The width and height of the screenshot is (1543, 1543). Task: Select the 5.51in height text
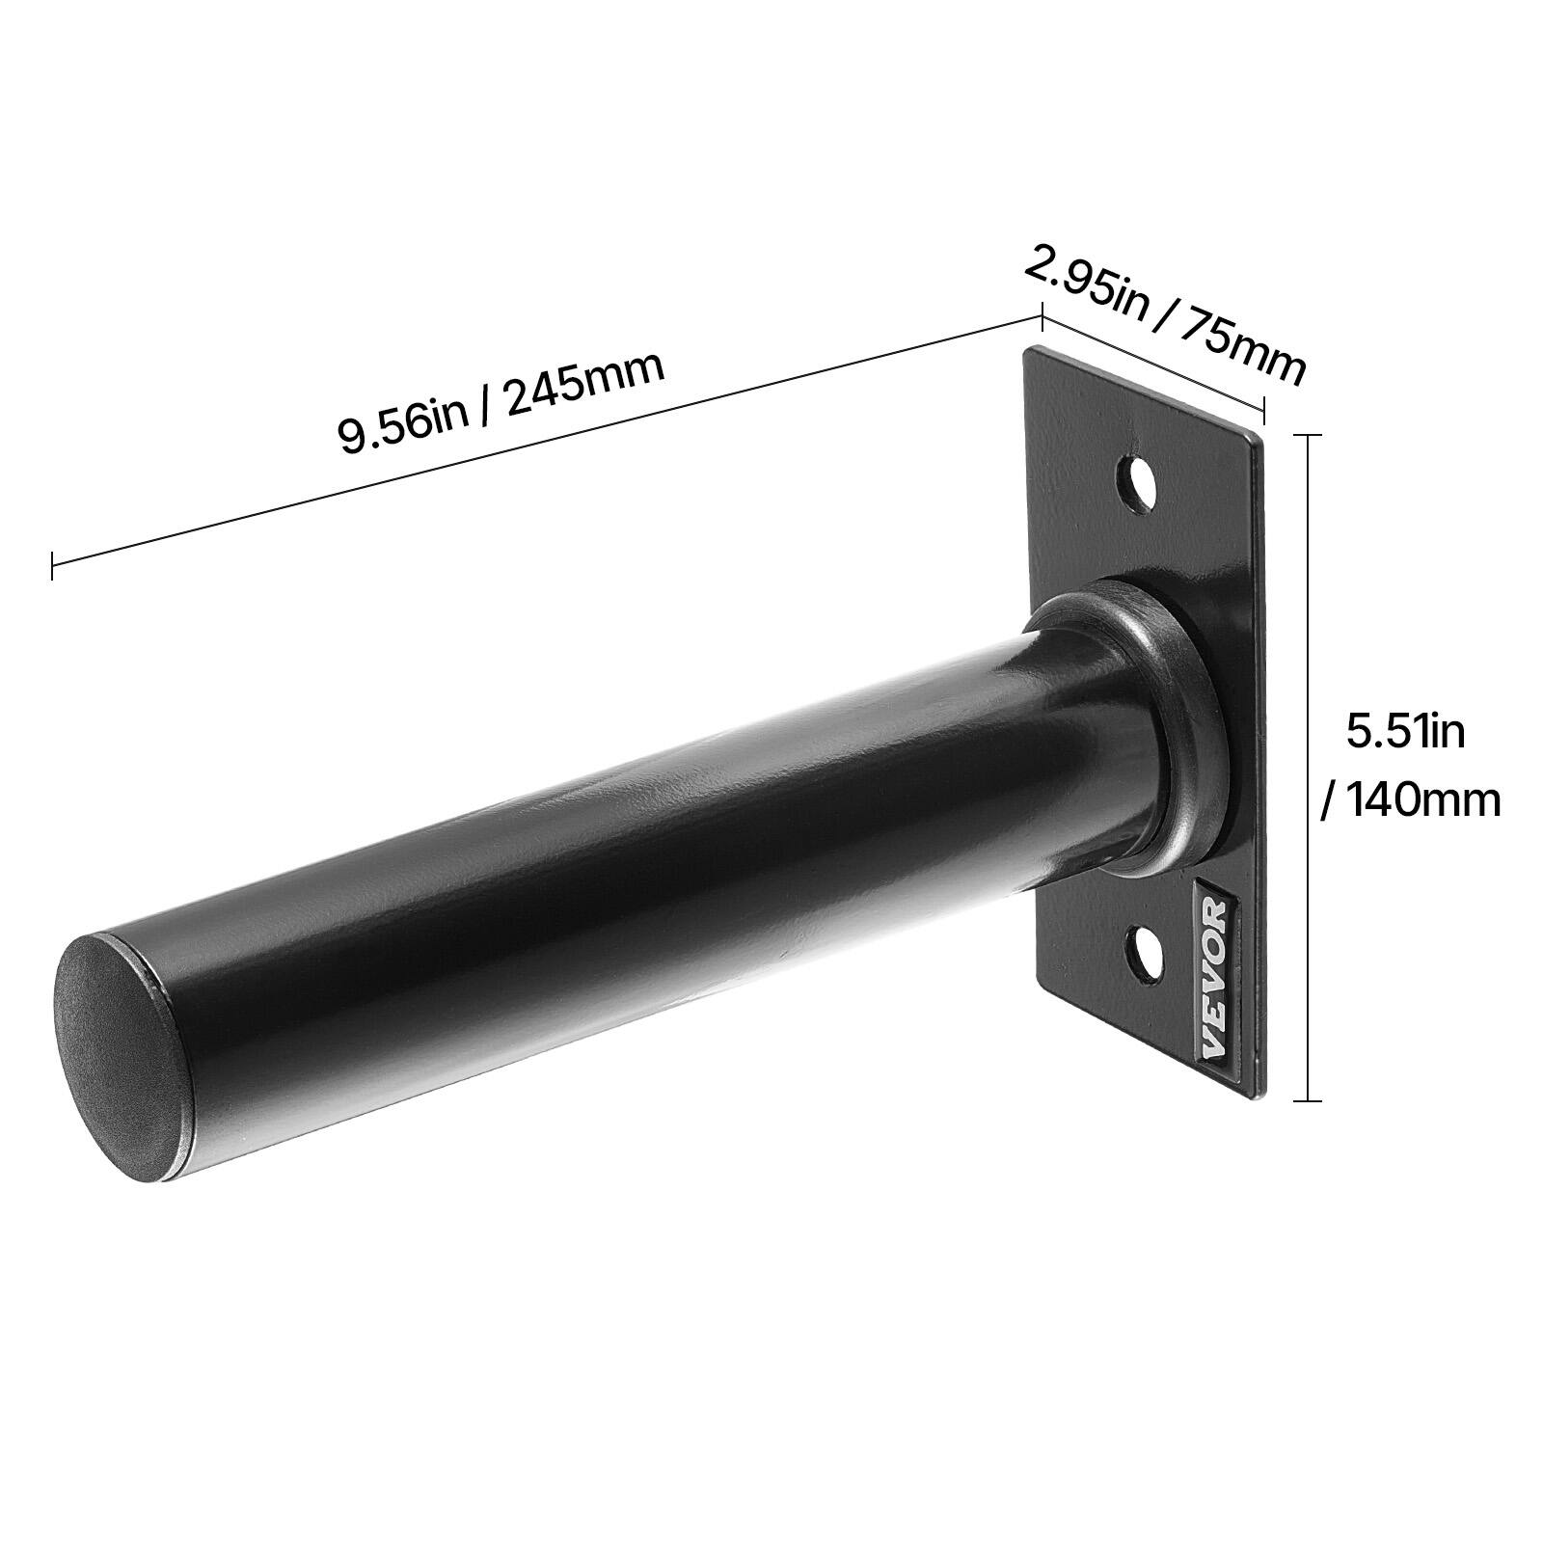tap(1405, 731)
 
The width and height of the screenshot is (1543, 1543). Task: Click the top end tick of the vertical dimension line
tap(1307, 436)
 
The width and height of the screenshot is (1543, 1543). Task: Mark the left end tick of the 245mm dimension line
tap(52, 565)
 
